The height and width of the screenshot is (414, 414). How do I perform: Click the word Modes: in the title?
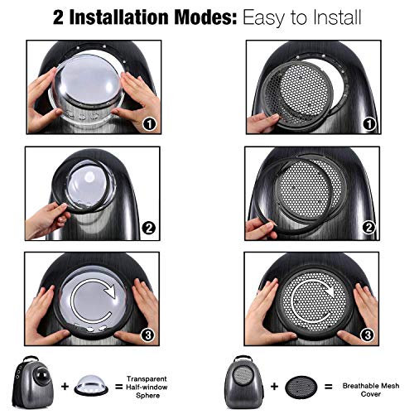(205, 17)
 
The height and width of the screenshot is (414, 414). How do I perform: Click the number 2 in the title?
(58, 17)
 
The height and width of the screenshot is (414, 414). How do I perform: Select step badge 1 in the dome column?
(149, 124)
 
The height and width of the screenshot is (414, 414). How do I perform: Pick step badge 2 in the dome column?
(149, 229)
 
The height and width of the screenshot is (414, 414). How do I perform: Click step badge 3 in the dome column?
(148, 335)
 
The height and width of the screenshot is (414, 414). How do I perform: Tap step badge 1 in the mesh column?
(369, 124)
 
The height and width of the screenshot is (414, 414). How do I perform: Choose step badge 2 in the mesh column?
(368, 228)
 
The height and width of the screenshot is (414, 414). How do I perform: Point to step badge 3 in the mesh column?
(368, 335)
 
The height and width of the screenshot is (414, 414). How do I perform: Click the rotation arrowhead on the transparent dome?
(109, 291)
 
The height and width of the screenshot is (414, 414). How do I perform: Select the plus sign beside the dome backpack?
(65, 387)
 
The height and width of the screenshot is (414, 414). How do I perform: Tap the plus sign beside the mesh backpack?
(274, 387)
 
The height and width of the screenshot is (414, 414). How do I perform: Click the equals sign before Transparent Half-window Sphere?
(118, 387)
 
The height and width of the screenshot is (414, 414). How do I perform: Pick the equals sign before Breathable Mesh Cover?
(329, 387)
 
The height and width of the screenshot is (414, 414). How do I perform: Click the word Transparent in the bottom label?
(147, 379)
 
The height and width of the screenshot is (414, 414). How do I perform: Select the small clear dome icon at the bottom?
(91, 386)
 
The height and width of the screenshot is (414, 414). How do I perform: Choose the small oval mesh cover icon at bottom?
(301, 388)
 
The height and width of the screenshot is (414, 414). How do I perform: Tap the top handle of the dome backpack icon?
(31, 359)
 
